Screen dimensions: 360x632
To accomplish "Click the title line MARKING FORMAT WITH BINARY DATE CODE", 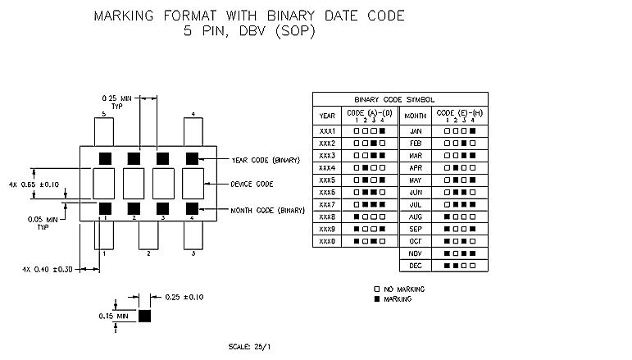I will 249,16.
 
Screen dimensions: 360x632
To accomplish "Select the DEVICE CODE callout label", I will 252,184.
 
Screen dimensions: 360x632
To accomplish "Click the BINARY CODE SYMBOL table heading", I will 400,98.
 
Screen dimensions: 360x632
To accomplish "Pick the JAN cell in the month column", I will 415,130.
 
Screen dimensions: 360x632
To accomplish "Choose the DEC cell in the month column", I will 415,266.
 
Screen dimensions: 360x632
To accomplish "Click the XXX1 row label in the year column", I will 327,130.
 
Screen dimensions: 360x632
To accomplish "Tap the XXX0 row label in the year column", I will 327,241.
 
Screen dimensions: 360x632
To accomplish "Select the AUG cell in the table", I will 415,216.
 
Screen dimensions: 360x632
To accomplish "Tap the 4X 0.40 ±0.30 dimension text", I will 48,269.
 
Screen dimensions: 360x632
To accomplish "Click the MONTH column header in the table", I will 416,116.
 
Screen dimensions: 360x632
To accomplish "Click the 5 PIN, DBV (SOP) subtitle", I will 249,32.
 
